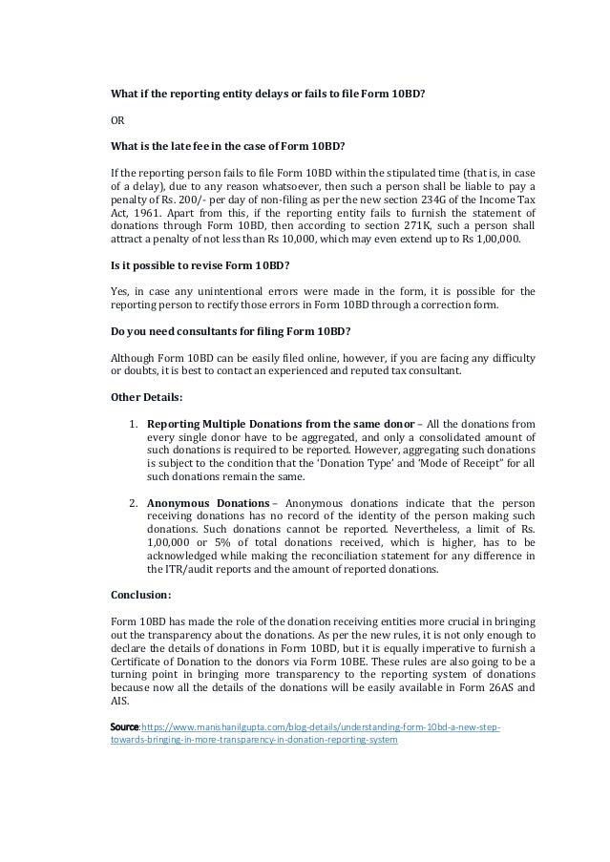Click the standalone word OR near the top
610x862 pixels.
coord(119,121)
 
